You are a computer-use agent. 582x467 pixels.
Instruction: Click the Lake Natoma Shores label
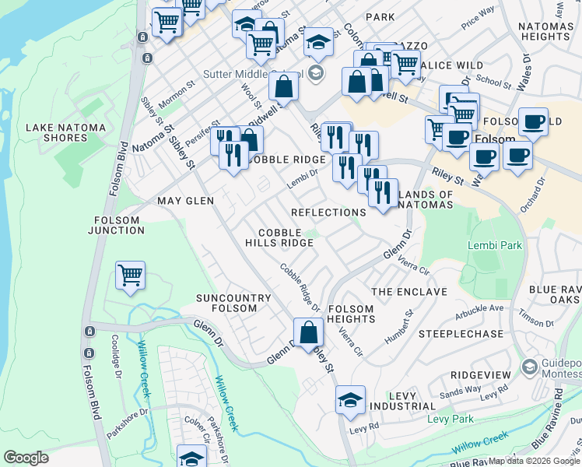[x=56, y=132]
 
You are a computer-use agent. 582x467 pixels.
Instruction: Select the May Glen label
[x=185, y=201]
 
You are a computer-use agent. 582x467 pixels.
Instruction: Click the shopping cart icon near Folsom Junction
[x=130, y=276]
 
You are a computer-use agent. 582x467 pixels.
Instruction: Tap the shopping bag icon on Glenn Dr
[x=309, y=332]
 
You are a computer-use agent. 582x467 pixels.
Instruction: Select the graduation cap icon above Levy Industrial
[x=350, y=400]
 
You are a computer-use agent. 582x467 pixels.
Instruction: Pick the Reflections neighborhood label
[x=328, y=212]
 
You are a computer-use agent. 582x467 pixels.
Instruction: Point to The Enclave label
[x=409, y=292]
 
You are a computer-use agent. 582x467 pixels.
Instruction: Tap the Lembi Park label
[x=494, y=245]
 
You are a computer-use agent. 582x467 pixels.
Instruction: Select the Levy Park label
[x=451, y=420]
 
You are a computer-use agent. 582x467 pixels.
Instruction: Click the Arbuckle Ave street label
[x=481, y=308]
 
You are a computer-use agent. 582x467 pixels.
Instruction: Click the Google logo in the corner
[x=26, y=458]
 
